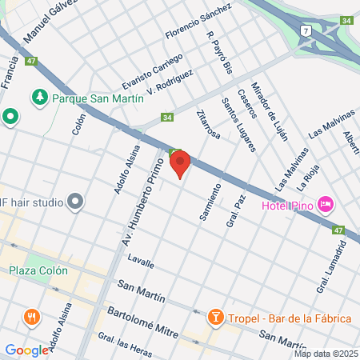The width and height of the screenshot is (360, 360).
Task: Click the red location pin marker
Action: (x=180, y=163)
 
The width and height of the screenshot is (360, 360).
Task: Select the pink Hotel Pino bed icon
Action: (x=326, y=206)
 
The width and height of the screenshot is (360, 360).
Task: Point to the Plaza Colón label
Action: (x=38, y=270)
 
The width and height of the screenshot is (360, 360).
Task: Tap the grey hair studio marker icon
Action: (x=75, y=201)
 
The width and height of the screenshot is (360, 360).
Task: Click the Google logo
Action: (x=26, y=350)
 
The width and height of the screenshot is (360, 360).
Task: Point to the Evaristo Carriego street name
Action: (x=152, y=71)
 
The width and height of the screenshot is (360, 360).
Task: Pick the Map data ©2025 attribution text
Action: (x=326, y=354)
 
